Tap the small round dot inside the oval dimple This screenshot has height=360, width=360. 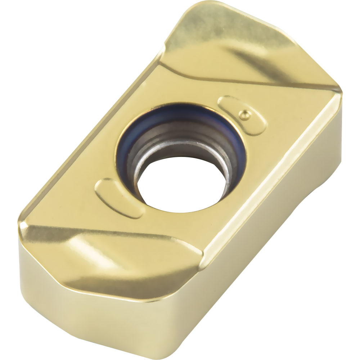coord(244,113)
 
